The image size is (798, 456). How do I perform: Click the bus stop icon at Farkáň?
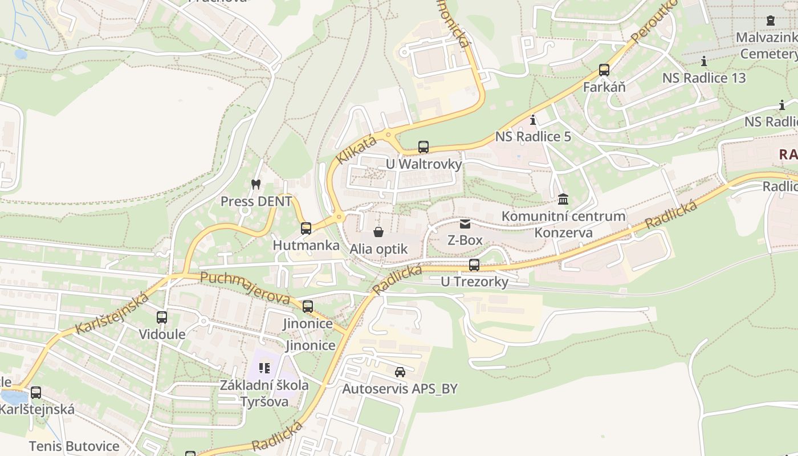tap(604, 70)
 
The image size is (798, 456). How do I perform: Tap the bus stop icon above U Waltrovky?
tap(424, 146)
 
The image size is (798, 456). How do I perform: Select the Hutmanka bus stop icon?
tap(306, 228)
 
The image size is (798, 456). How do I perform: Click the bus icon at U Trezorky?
tap(474, 264)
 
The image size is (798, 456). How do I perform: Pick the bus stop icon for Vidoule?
tap(162, 317)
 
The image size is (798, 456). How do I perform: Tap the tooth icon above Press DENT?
tap(256, 184)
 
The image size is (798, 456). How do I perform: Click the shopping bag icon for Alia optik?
tap(378, 231)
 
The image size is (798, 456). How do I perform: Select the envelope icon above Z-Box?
tap(465, 223)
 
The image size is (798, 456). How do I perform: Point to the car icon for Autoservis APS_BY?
tap(400, 372)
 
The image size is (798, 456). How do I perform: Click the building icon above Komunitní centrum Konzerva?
tap(563, 199)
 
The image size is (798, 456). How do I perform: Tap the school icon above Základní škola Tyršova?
tap(264, 368)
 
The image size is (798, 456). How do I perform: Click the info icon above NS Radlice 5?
tap(533, 120)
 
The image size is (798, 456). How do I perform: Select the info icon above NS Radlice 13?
tap(704, 61)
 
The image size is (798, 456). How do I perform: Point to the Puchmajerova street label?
tap(245, 288)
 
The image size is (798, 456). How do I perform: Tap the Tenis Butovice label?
tap(74, 446)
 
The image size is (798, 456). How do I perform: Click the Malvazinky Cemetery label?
tap(767, 46)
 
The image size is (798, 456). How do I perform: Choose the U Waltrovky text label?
tap(424, 164)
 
